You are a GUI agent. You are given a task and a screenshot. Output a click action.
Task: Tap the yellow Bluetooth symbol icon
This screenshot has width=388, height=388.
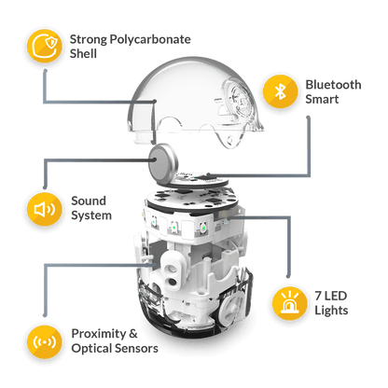click(x=278, y=91)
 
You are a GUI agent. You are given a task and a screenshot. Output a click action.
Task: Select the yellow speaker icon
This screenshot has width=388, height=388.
click(x=43, y=207)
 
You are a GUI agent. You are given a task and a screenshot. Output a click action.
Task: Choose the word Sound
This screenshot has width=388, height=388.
click(x=88, y=200)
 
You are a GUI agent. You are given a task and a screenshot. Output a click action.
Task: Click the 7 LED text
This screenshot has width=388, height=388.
click(x=327, y=297)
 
